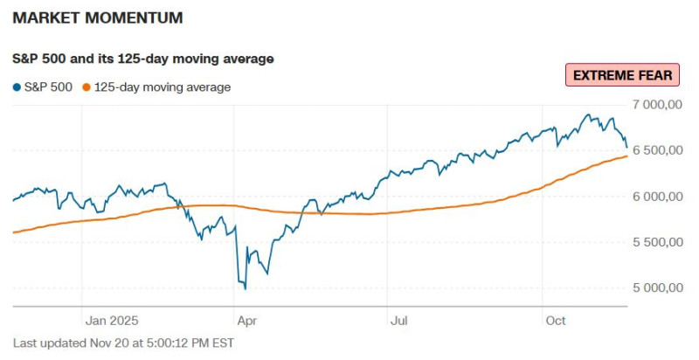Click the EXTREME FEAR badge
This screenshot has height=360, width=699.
point(622,75)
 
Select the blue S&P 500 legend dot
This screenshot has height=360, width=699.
point(17,87)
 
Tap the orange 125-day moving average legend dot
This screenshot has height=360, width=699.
point(86,87)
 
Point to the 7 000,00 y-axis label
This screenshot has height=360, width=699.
point(656,105)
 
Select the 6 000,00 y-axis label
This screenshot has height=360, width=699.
point(656,197)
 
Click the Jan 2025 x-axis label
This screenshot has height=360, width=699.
point(111,320)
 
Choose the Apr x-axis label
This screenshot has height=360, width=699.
point(246,320)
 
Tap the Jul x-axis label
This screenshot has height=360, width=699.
point(399,320)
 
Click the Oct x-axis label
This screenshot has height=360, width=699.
point(555,320)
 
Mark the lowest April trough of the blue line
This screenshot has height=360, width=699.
point(245,288)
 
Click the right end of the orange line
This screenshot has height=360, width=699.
point(626,156)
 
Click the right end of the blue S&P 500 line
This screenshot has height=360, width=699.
point(626,147)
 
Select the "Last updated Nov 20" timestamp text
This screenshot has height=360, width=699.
point(123,343)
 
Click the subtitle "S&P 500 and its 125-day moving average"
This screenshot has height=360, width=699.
point(143,59)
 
